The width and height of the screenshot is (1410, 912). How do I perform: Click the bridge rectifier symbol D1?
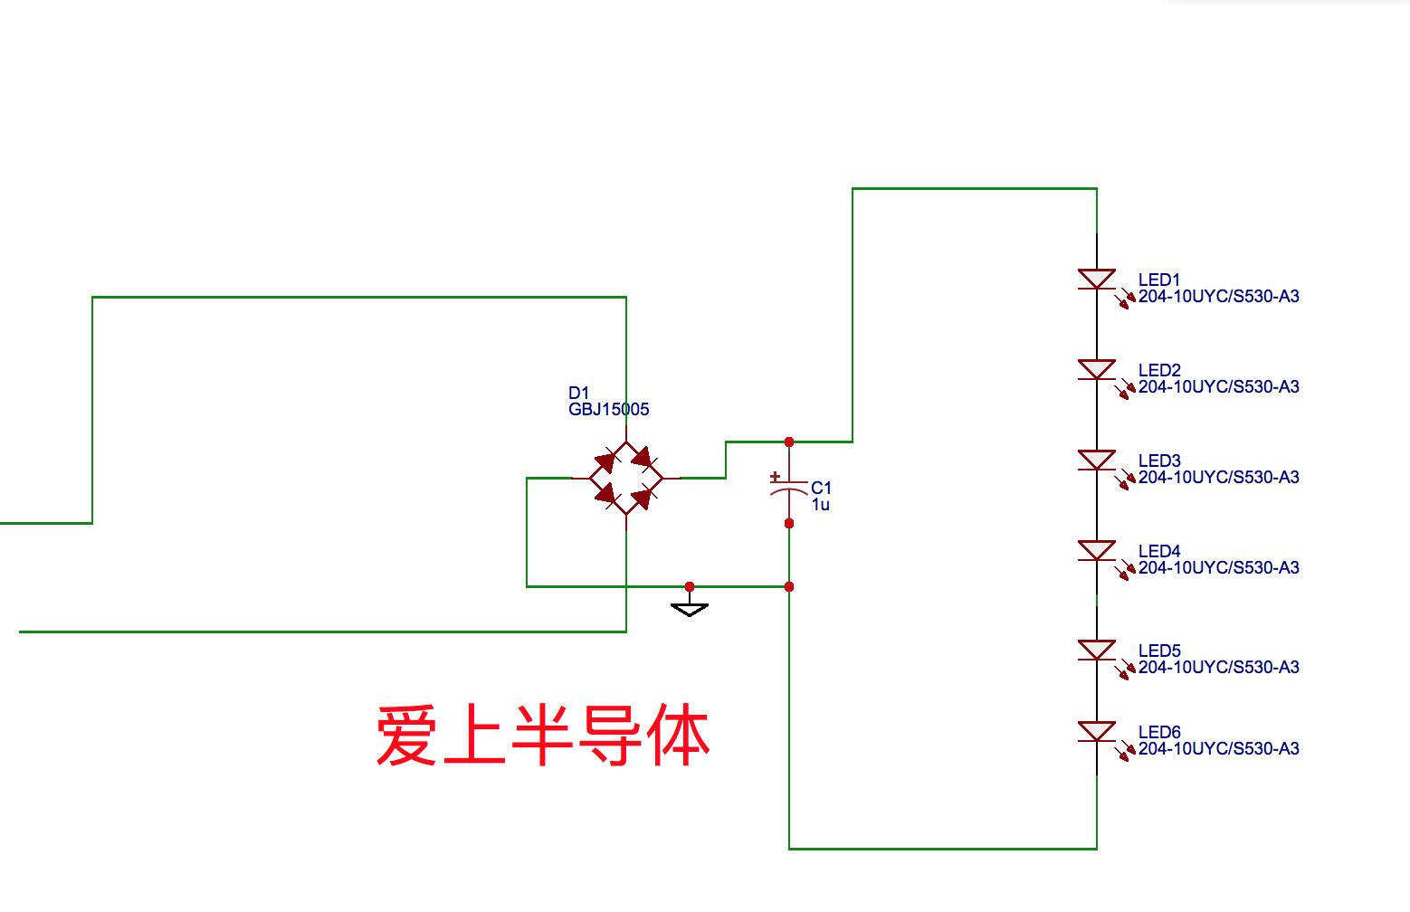(625, 478)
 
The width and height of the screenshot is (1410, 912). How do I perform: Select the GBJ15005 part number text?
(608, 410)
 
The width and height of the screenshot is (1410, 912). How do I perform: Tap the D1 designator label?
(578, 393)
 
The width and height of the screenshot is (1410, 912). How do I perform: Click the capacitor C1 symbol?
(788, 489)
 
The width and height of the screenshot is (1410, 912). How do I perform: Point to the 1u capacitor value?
(820, 505)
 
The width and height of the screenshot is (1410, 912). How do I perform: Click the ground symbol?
(690, 608)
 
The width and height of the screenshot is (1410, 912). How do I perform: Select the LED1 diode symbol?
(1097, 280)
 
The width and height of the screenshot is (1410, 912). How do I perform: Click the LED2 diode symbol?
(1097, 370)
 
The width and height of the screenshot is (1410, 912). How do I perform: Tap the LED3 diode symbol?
(1097, 461)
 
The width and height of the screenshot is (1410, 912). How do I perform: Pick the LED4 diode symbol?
(1097, 551)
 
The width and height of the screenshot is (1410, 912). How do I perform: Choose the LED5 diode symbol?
(1097, 651)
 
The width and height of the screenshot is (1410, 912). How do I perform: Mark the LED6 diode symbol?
(1097, 732)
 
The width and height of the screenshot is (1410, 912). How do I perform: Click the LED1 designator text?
(1158, 280)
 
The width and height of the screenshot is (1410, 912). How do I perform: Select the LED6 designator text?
(1158, 733)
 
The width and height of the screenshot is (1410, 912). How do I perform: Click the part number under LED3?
(1218, 478)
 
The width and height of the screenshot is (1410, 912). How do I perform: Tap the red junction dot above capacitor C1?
(789, 442)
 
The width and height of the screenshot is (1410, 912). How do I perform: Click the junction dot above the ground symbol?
(690, 586)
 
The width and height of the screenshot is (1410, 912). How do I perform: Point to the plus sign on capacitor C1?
(775, 476)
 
